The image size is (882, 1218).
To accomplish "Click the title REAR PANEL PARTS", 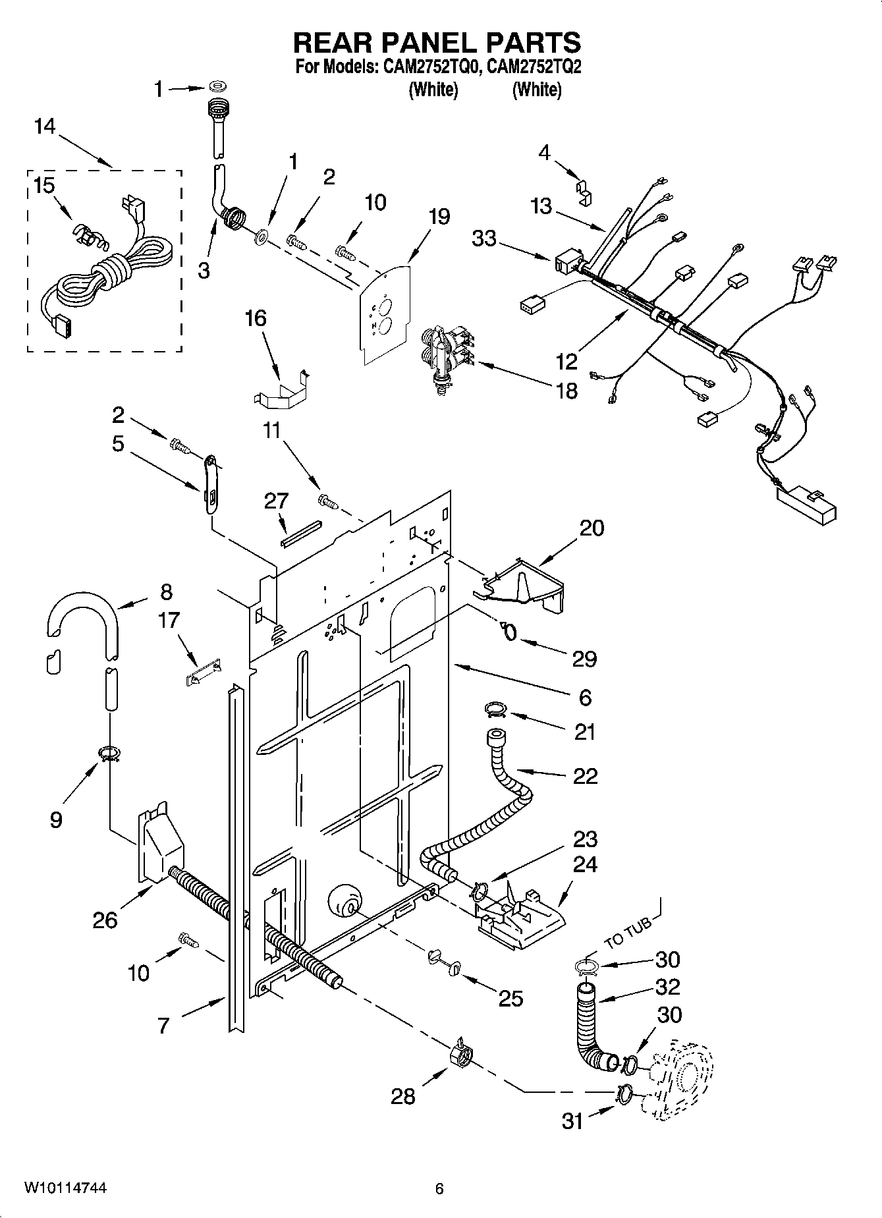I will coord(437,43).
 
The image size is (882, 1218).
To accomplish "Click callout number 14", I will coord(45,126).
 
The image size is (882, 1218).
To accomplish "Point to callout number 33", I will coord(484,238).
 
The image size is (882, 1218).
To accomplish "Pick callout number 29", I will coord(585,658).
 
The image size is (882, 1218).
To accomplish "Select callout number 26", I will coord(105,920).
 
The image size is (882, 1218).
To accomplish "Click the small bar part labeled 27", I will coord(300,534).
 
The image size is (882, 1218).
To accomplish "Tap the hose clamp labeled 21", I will coord(495,709).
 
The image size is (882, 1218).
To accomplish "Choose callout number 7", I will coord(164,1025).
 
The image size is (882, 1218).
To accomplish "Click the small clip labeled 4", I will coord(585,190).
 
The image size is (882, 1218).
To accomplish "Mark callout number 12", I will coord(566,361).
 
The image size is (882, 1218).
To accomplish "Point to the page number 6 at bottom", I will coord(439,1188).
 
